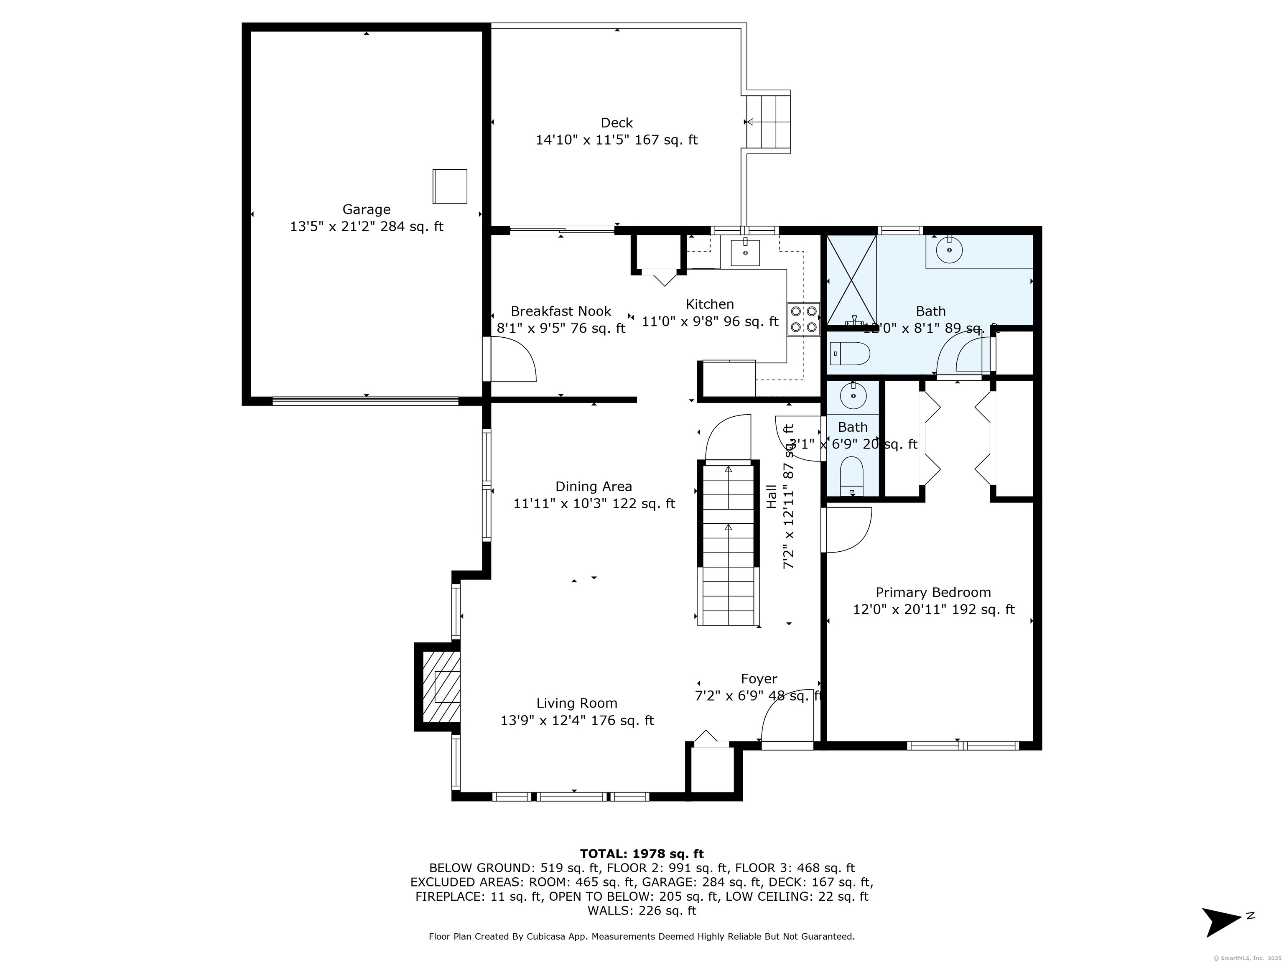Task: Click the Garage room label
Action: (x=366, y=209)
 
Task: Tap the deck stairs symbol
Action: (x=767, y=122)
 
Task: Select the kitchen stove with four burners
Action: (x=803, y=319)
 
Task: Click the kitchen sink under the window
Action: (x=745, y=252)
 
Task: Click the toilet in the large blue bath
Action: (x=850, y=353)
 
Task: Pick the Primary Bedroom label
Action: (x=933, y=593)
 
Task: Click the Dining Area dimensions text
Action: (x=594, y=504)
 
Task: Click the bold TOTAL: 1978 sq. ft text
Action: (x=642, y=854)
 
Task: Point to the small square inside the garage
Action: (x=449, y=186)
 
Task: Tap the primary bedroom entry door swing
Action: (x=848, y=530)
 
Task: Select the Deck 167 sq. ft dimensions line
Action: (x=617, y=140)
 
